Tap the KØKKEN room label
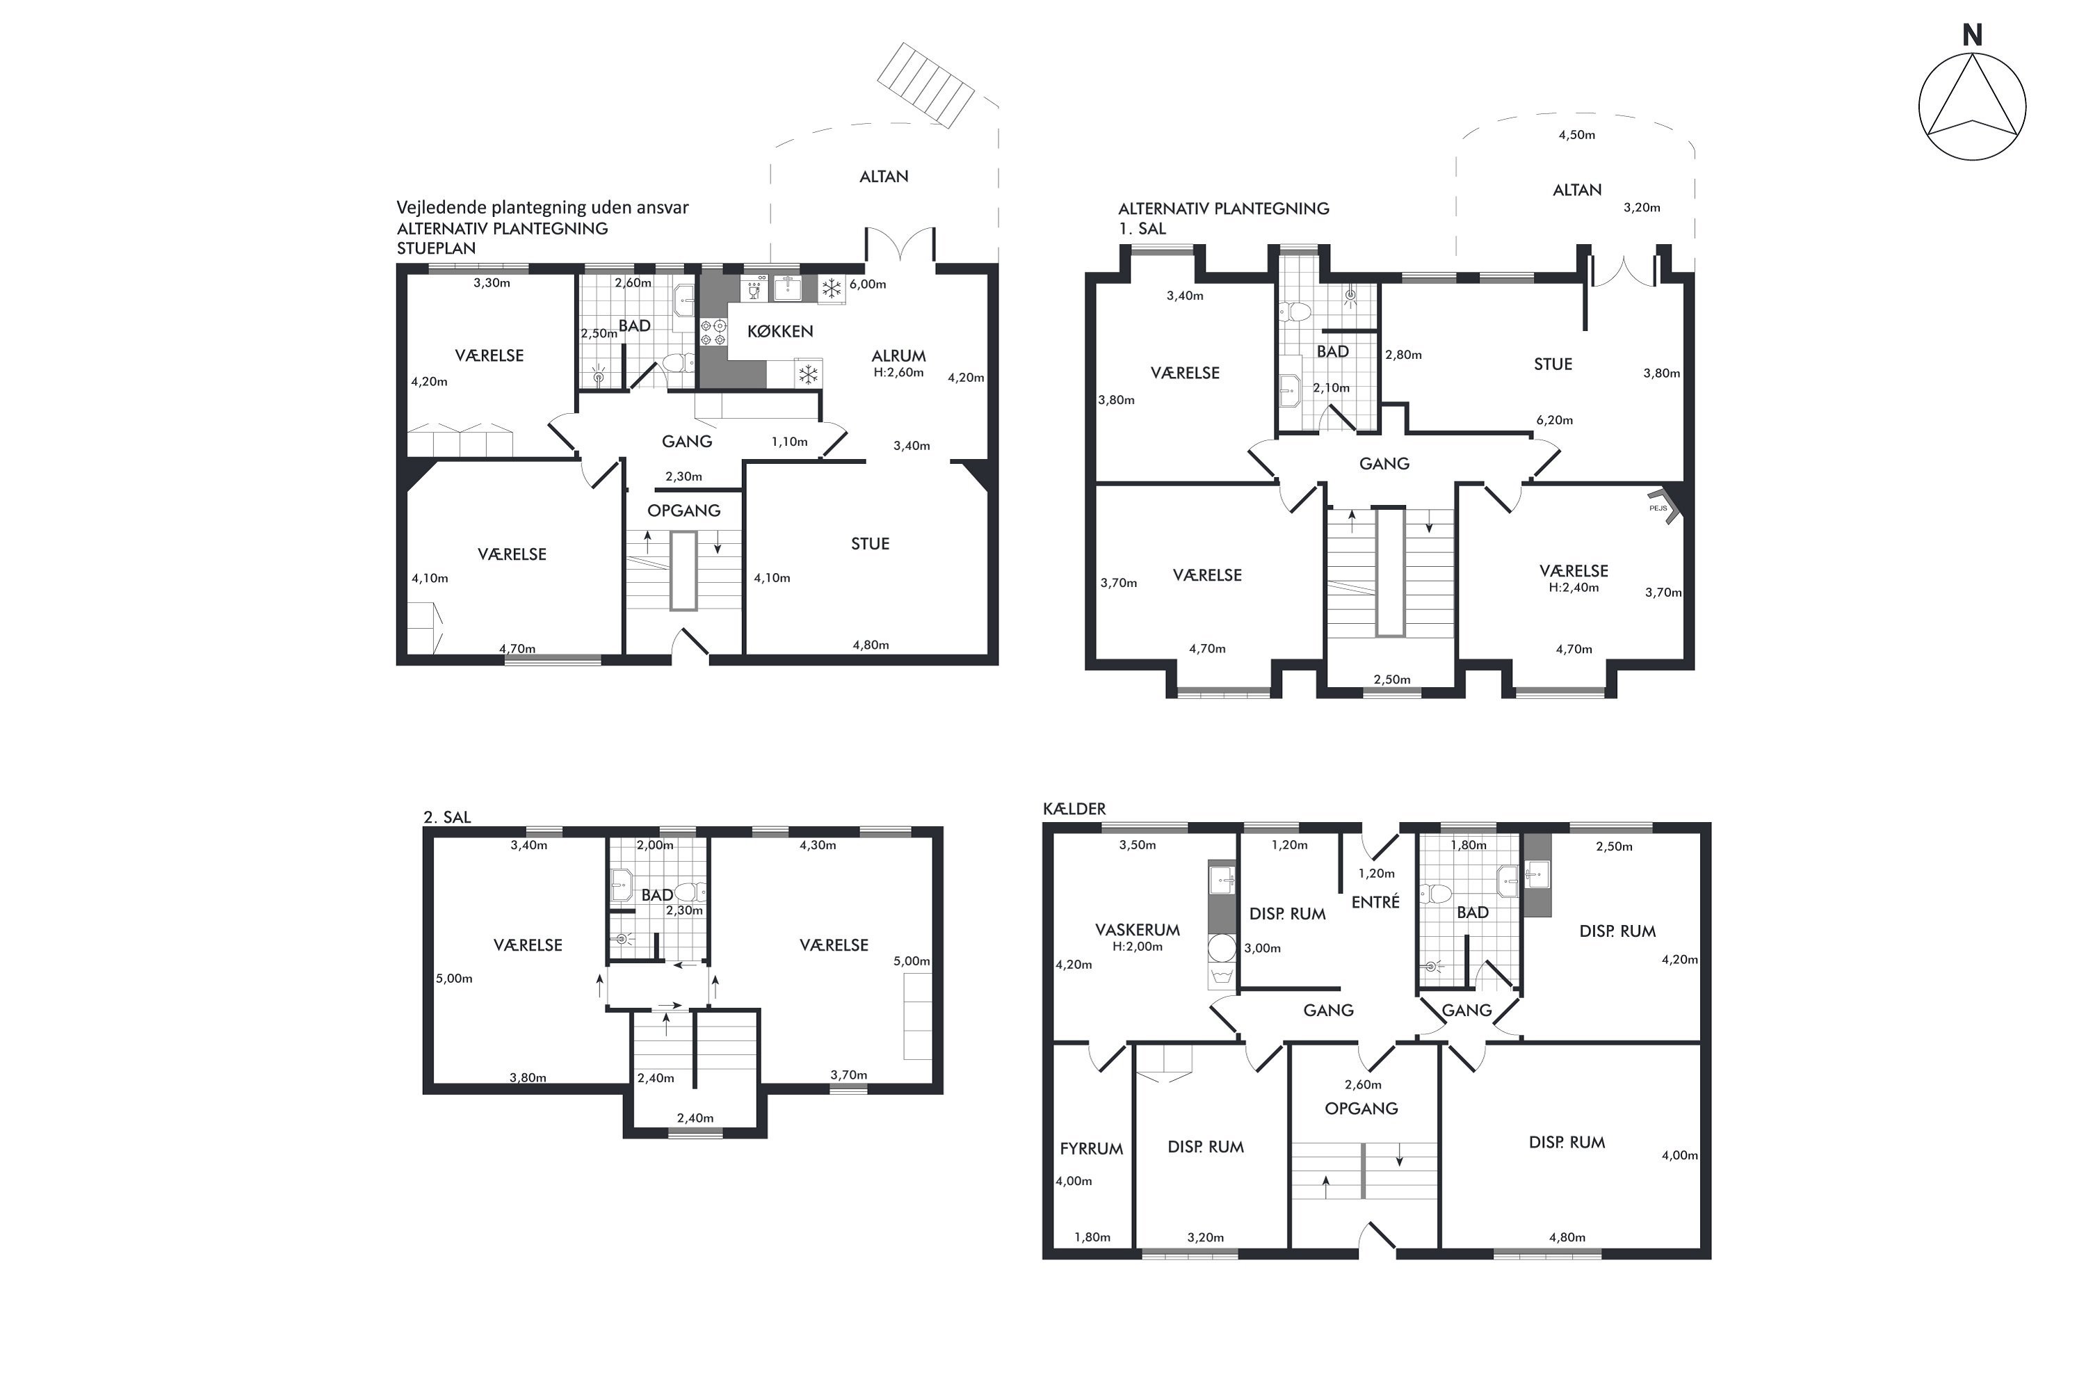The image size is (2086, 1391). coord(779,332)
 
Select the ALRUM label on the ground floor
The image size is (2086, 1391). coord(898,355)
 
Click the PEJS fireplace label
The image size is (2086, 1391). coord(1658,508)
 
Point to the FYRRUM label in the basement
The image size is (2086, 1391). coord(1091,1149)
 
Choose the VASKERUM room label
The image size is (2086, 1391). coord(1137,930)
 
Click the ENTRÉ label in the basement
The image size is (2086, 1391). coord(1375,901)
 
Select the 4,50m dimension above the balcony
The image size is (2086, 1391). coord(1577,135)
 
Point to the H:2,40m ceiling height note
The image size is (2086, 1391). coord(1574,587)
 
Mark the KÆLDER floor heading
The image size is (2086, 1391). coord(1074,809)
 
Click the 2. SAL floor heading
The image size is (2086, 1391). coord(447,817)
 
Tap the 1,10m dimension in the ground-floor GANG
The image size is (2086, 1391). coord(789,442)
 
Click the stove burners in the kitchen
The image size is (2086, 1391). coord(713,332)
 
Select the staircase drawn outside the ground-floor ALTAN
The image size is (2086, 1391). coord(925,85)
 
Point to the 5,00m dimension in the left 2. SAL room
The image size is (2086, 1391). coord(454,979)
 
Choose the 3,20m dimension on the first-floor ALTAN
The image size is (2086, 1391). coord(1642,207)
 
